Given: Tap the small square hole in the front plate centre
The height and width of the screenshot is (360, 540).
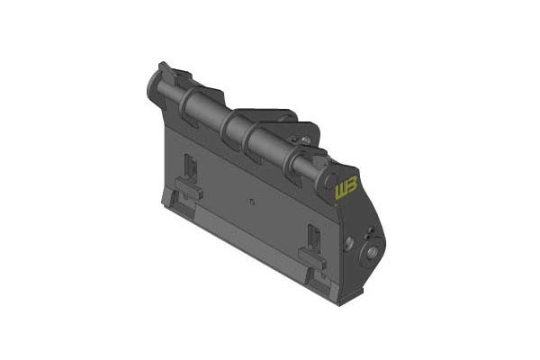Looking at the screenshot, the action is click(252, 202).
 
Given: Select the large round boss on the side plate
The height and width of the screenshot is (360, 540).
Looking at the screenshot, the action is click(372, 254).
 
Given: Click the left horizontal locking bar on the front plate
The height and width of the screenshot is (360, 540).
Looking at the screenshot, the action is click(189, 187).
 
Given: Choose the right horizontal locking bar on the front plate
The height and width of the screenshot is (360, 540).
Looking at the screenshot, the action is click(312, 258).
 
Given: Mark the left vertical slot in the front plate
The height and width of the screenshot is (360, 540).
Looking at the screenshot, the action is click(190, 167).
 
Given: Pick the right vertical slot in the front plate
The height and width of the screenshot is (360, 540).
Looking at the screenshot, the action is click(314, 238).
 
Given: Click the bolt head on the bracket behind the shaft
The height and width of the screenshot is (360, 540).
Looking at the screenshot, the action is click(304, 139).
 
